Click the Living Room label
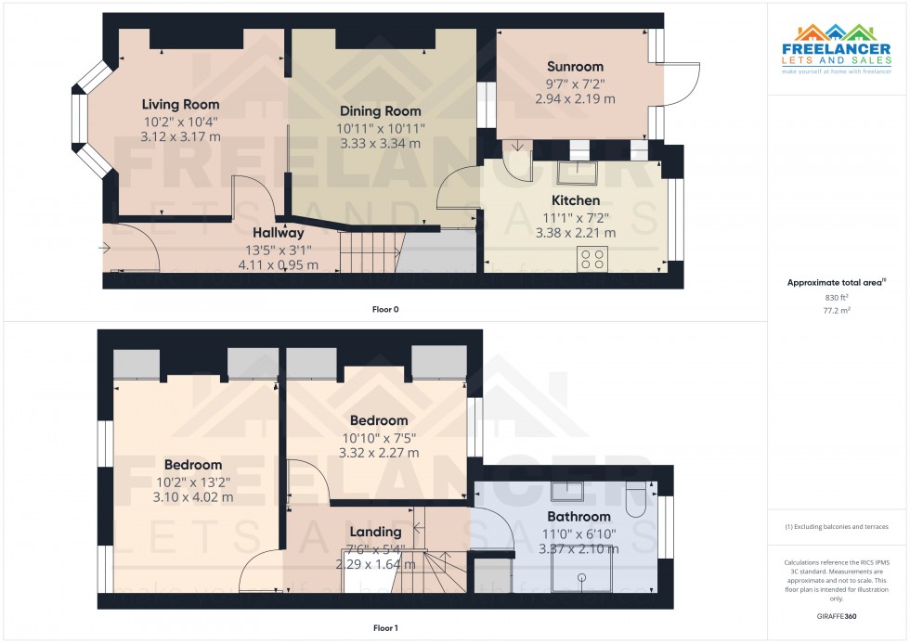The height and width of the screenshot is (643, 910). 180,104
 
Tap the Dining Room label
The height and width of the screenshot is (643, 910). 381,111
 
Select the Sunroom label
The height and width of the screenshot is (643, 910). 575,66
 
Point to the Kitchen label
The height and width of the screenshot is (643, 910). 576,200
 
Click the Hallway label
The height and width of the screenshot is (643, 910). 279,233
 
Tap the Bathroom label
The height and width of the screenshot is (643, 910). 578,517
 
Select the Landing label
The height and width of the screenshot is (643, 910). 375,532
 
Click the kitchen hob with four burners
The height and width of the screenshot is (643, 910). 591,258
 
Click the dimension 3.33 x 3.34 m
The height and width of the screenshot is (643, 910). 381,144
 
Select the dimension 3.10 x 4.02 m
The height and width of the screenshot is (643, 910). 193,497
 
